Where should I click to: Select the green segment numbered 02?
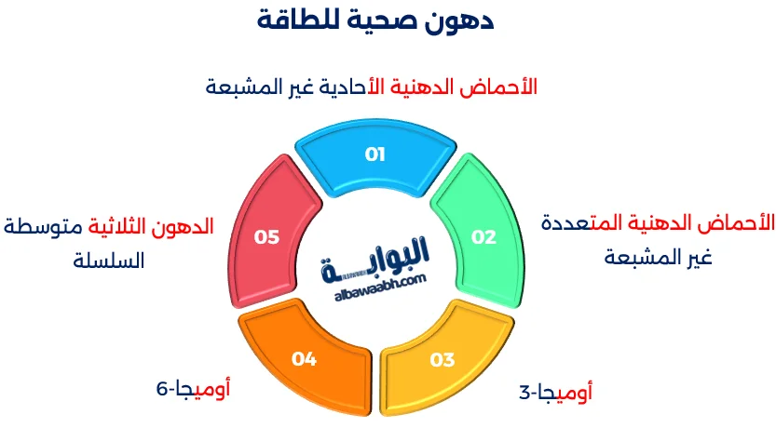point(483,237)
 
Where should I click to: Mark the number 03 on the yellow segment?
point(442,359)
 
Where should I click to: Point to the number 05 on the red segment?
point(266,237)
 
